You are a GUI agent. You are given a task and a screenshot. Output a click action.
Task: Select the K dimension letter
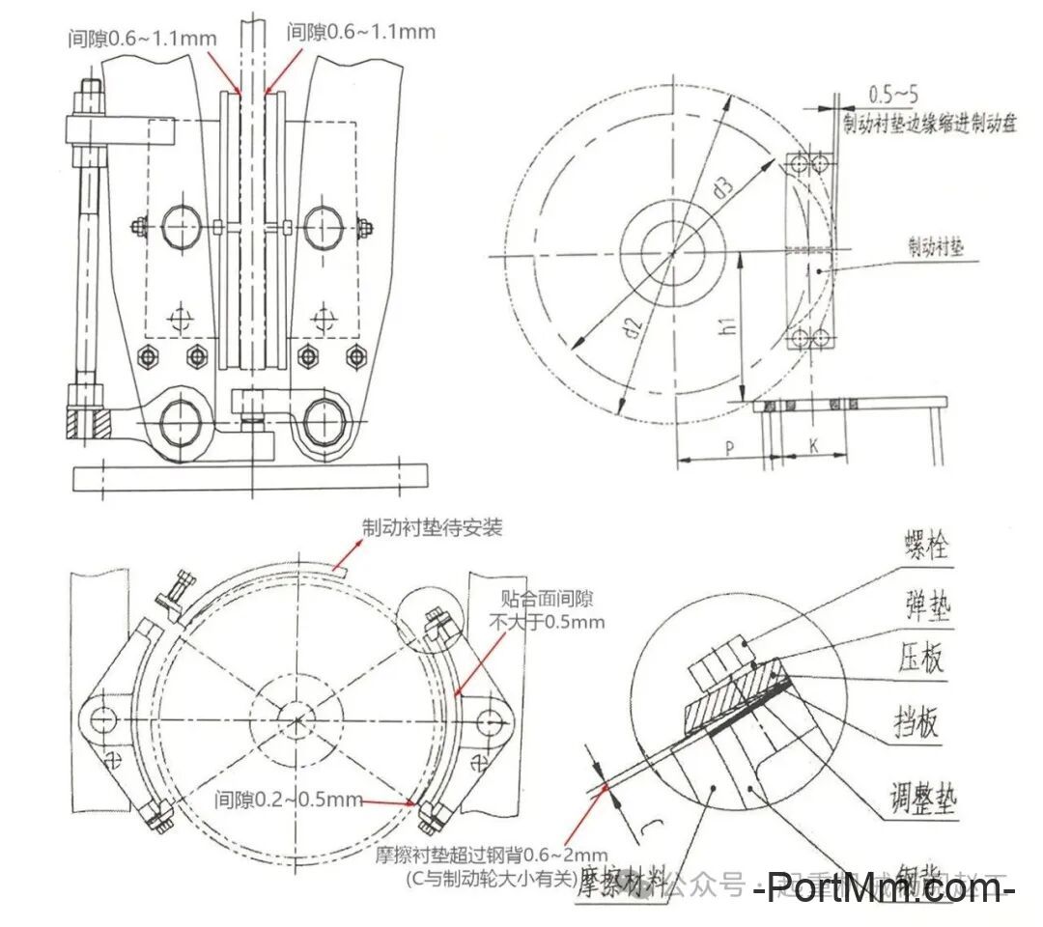coord(813,447)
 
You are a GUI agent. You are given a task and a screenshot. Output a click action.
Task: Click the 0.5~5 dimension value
coord(892,95)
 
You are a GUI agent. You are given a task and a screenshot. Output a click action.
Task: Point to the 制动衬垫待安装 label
coord(432,528)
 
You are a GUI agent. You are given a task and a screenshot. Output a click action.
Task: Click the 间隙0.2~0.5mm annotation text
coord(289,800)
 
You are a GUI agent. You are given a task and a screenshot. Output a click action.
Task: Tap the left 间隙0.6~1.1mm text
coord(142,38)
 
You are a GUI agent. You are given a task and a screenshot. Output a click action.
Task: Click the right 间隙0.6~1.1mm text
coord(360,32)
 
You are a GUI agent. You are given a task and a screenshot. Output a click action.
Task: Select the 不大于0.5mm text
coord(547,621)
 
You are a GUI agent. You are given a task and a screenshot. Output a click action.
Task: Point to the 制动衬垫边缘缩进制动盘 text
coord(929,126)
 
